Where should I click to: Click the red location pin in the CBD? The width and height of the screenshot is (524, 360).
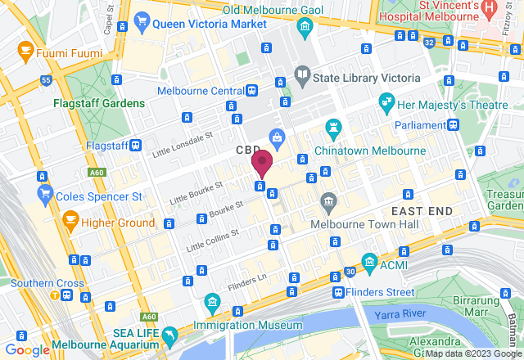[x=262, y=163]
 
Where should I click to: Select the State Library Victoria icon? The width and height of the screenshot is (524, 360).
[x=303, y=76]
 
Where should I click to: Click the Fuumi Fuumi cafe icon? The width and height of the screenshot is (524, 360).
[x=25, y=53]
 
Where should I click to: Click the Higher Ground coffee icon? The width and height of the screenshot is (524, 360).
[x=71, y=221]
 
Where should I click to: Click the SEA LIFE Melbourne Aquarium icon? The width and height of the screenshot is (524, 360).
[x=169, y=335]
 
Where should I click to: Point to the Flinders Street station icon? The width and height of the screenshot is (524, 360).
[x=338, y=292]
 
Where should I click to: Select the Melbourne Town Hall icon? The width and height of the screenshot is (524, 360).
[x=329, y=201]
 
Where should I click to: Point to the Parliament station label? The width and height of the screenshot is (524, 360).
[x=419, y=125]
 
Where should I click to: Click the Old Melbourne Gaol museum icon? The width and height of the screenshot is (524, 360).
[x=305, y=25]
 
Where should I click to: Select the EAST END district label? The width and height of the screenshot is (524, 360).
[x=421, y=211]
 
